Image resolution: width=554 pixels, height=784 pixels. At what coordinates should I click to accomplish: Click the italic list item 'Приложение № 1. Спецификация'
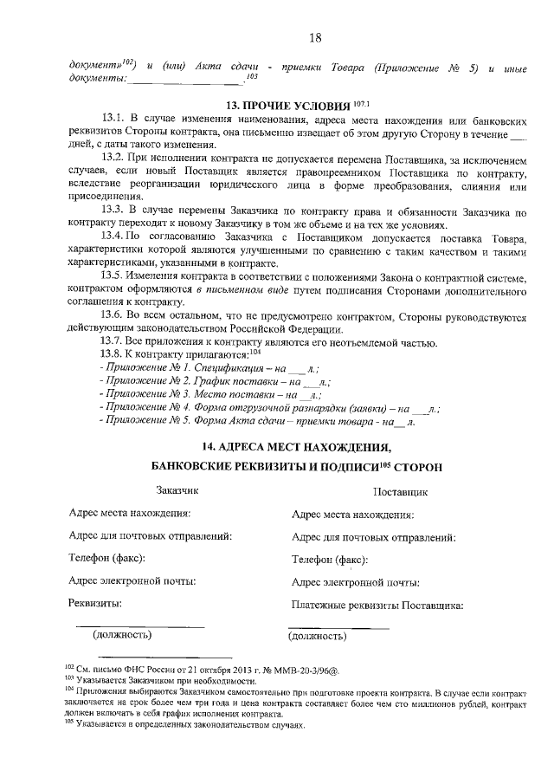coord(182,367)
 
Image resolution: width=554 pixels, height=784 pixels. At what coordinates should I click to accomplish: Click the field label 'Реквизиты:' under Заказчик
coord(94,602)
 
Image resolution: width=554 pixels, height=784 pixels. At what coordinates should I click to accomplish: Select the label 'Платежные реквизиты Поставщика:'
coord(378,606)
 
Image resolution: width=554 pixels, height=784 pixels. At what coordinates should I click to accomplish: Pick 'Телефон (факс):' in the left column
coord(106,558)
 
